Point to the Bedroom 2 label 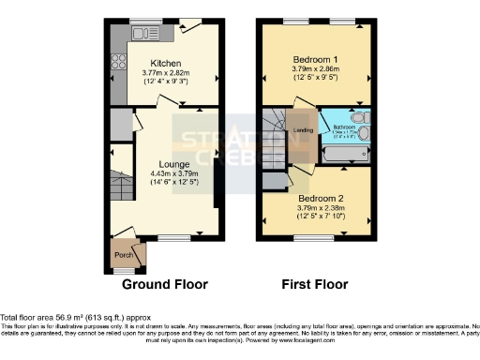(x=320, y=199)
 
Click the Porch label (x=122, y=254)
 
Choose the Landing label (x=303, y=130)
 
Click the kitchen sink (x=144, y=34)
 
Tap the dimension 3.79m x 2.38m (x=320, y=208)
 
